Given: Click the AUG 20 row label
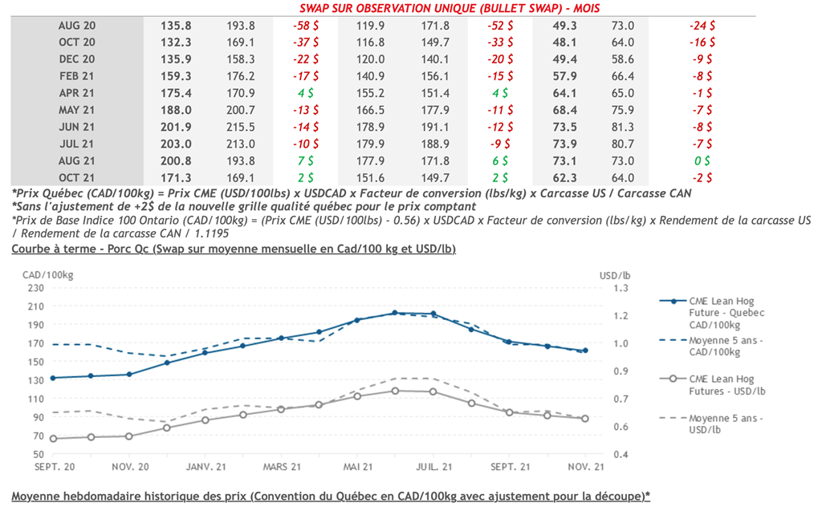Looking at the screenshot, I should (77, 26).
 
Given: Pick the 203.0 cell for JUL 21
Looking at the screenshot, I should (177, 144).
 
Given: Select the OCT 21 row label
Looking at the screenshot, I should (77, 177).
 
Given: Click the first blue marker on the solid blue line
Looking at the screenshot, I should (53, 378).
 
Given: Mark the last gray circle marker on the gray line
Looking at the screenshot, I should (585, 419).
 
